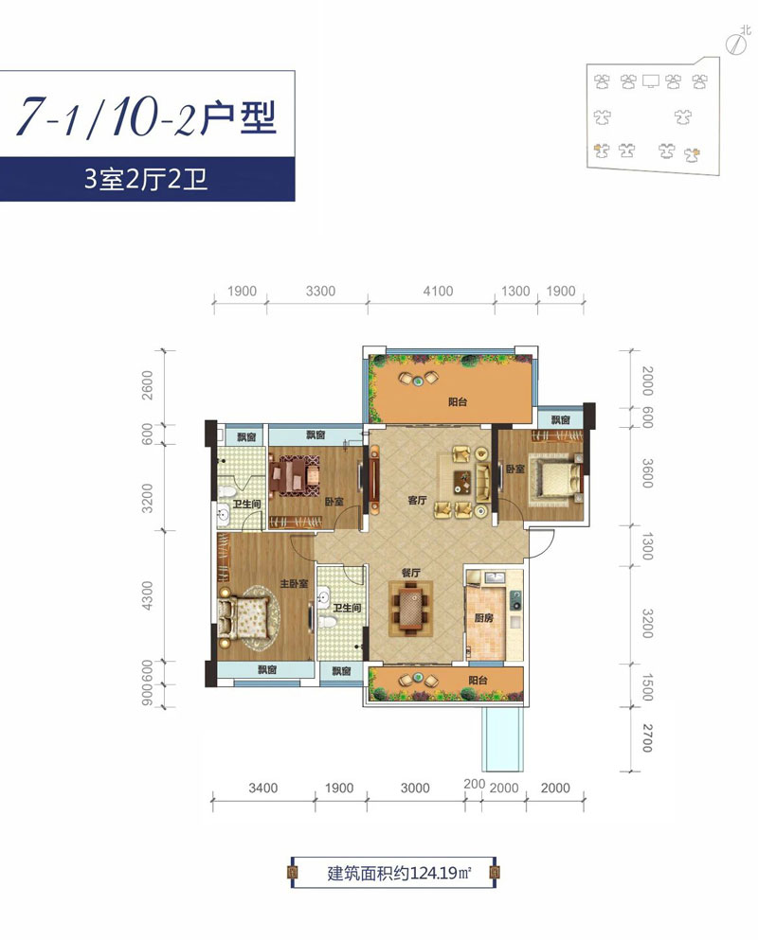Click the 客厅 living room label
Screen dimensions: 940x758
pos(417,501)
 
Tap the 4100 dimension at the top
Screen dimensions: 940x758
pos(437,292)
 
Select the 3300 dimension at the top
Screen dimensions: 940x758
pos(320,292)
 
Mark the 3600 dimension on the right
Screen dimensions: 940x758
pos(647,472)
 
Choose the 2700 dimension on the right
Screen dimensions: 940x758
pos(647,736)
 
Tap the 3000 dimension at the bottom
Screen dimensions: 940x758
pos(415,788)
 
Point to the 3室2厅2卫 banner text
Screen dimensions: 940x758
pos(146,181)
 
